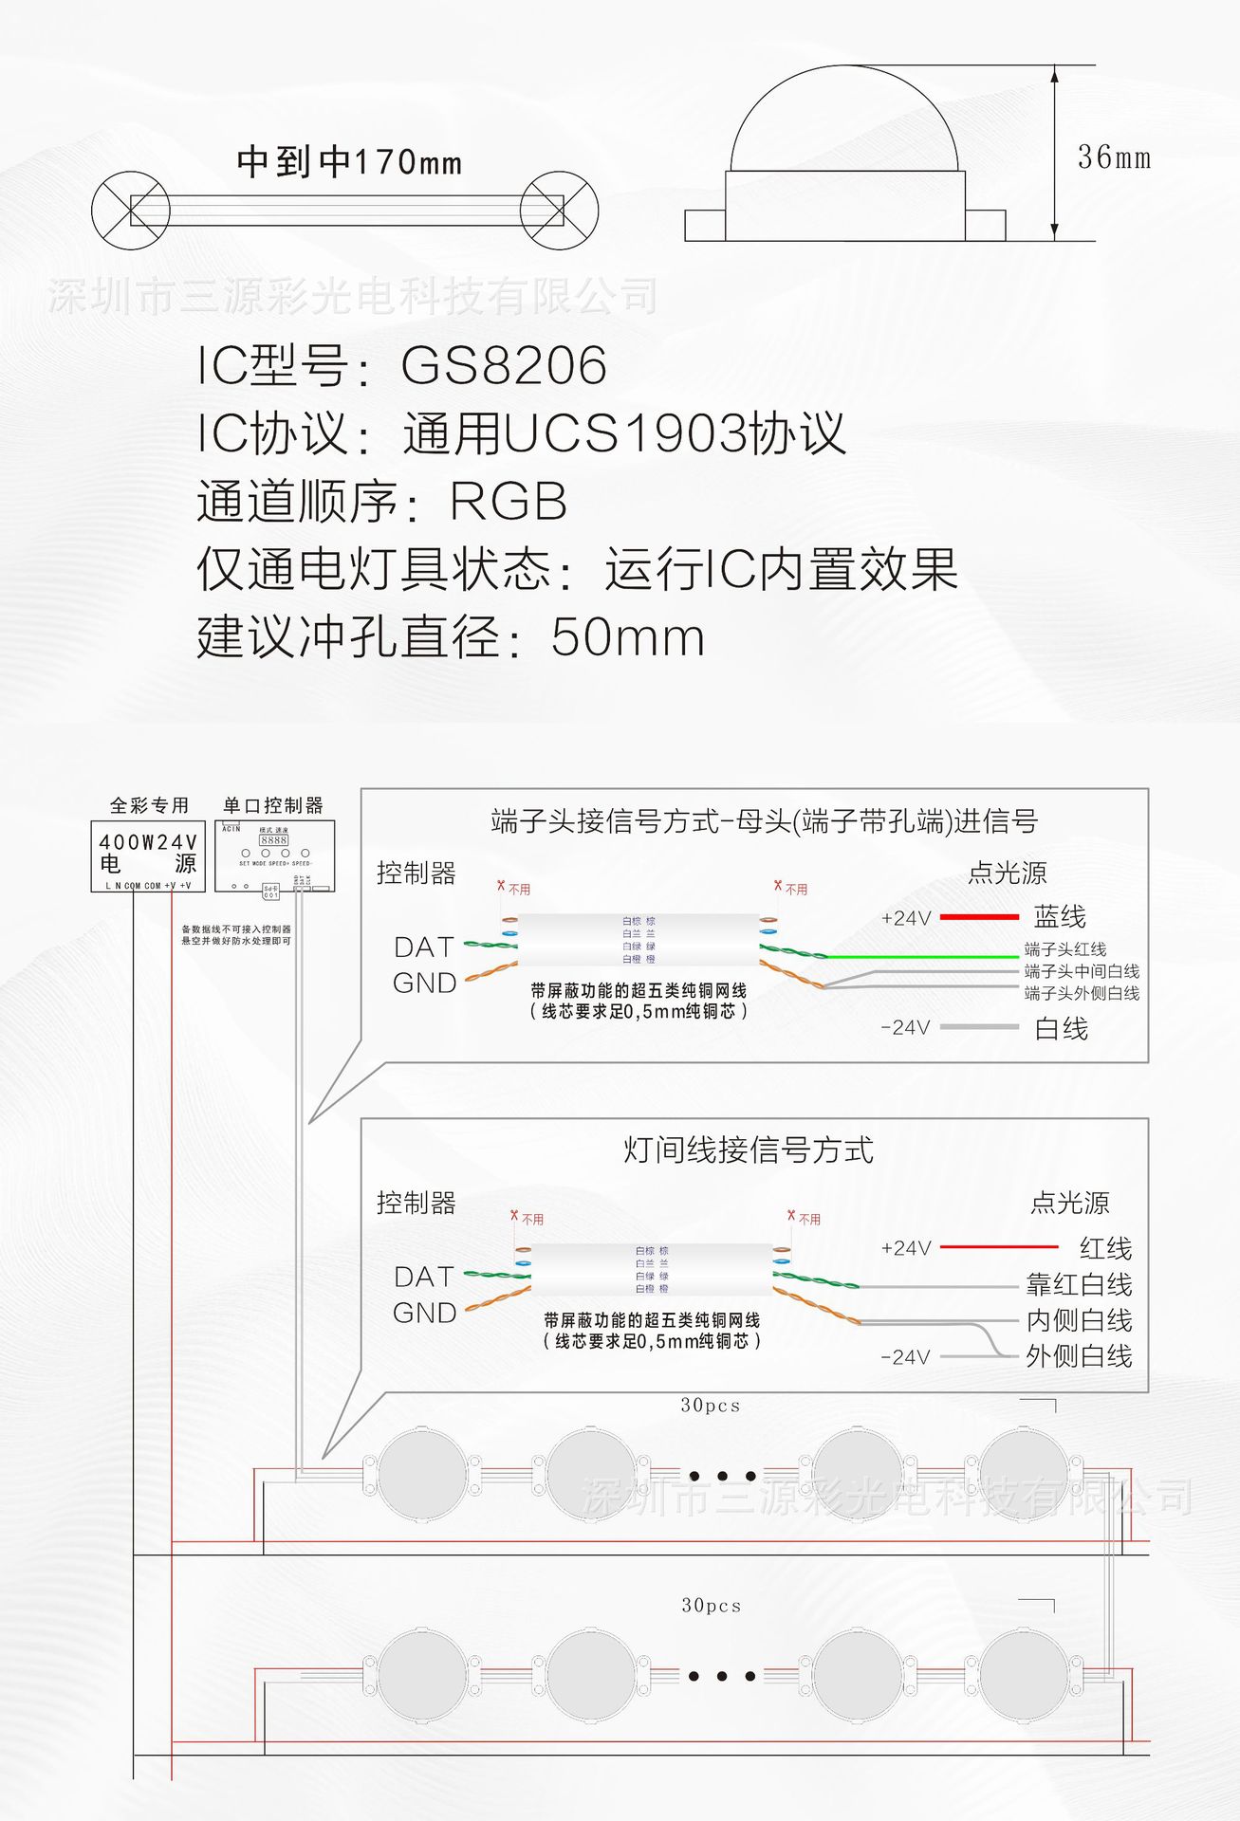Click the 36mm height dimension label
[1113, 157]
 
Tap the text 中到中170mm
[349, 162]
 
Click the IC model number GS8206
[504, 366]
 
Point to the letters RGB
[509, 502]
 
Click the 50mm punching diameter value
[627, 637]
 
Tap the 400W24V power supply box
[148, 856]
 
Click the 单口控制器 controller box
[274, 856]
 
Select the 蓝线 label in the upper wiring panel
[1060, 917]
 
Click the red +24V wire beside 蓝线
[979, 917]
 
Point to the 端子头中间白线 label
[1082, 971]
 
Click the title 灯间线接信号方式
[748, 1150]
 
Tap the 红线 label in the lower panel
[1105, 1248]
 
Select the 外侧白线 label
[1079, 1356]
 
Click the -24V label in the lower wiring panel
[905, 1357]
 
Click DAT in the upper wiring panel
[424, 947]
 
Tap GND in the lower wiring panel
[424, 1314]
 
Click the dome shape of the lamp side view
[844, 119]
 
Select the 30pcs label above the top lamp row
[710, 1406]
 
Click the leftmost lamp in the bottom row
[422, 1676]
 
